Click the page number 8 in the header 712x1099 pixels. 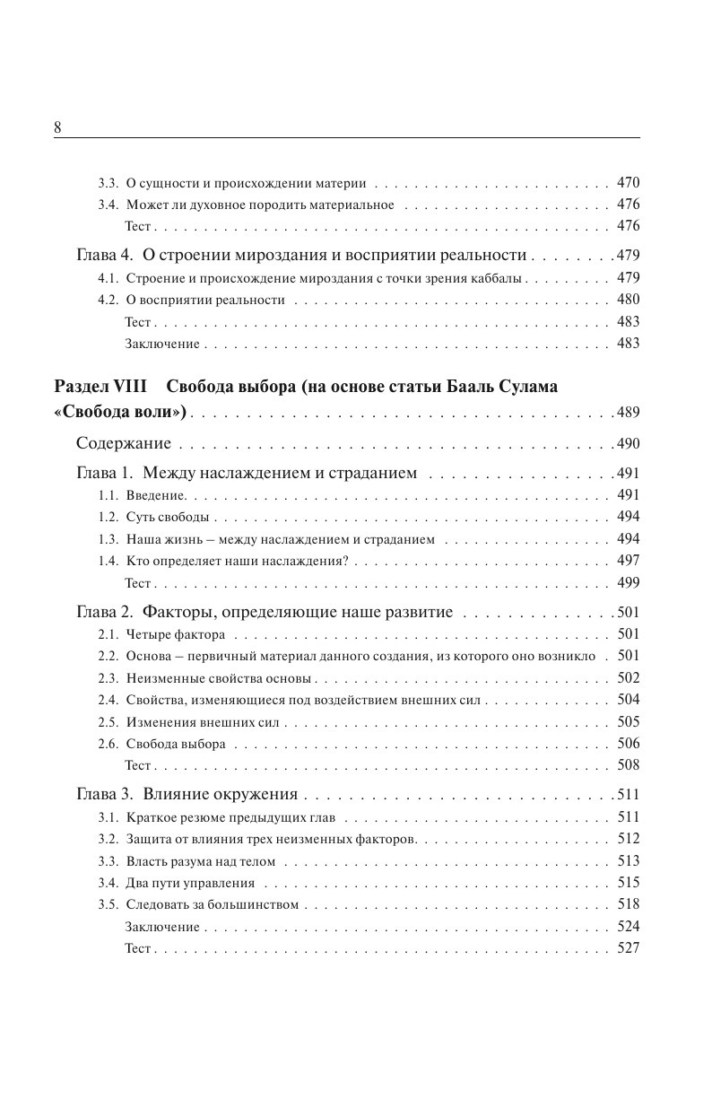click(x=58, y=127)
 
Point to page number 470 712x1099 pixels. click(x=628, y=183)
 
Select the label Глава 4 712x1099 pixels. click(x=105, y=255)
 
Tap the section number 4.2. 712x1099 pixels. click(x=108, y=300)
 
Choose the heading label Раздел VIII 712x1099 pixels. click(x=94, y=387)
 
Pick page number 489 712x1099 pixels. click(x=628, y=413)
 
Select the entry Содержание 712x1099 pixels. click(x=124, y=443)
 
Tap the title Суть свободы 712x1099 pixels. click(x=168, y=518)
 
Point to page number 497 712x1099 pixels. click(x=628, y=561)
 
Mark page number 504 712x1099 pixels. click(x=628, y=700)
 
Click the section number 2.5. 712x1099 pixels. click(x=108, y=722)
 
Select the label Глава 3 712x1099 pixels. click(x=105, y=794)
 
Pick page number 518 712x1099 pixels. click(x=628, y=904)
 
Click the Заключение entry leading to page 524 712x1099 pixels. click(x=162, y=927)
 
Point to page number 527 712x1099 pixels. click(x=628, y=948)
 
